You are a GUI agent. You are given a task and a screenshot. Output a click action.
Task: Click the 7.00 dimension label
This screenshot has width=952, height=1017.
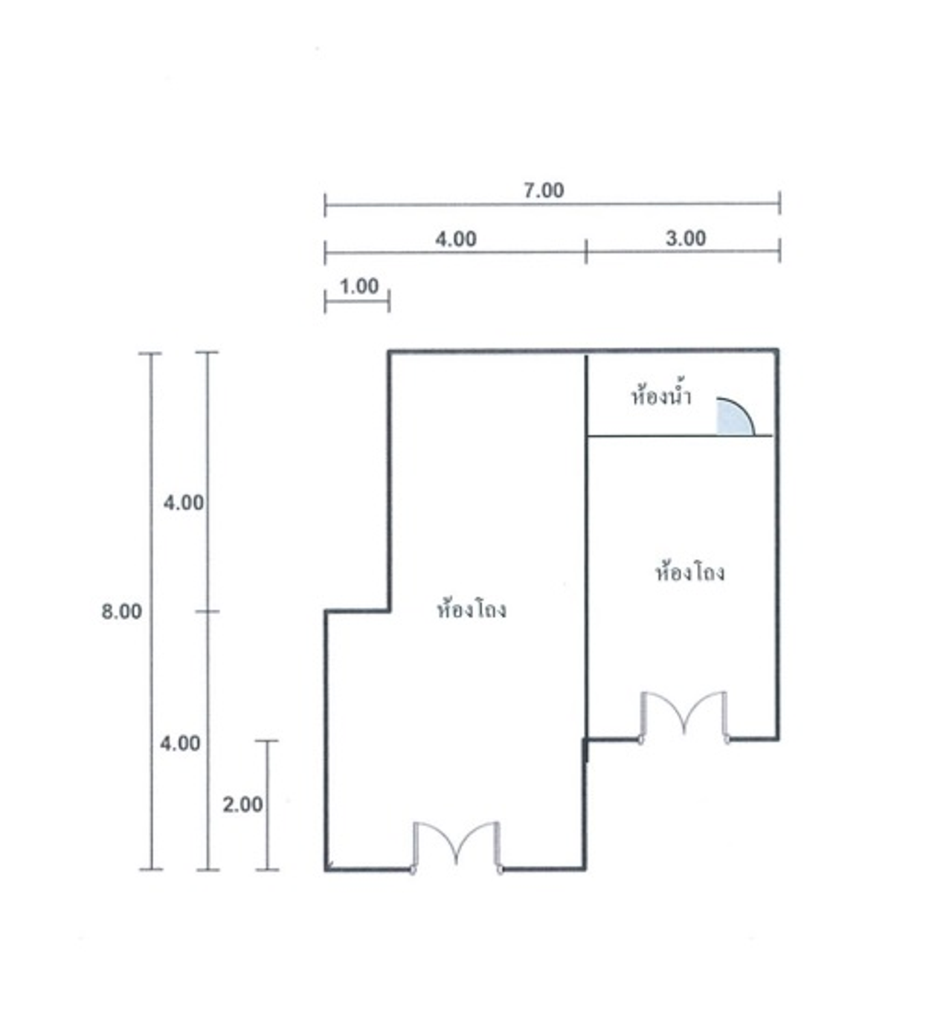coord(543,190)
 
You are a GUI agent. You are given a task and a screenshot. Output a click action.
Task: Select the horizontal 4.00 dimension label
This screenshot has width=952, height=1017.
coord(455,239)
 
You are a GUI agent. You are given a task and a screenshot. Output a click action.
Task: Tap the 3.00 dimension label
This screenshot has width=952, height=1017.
coord(685,238)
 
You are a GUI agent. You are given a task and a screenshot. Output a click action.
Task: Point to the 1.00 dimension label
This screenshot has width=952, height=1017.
coord(358,286)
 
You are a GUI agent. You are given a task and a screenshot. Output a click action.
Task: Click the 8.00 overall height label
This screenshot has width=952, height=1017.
coord(121,611)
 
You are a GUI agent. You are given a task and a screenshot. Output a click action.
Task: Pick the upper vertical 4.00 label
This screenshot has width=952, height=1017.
coord(184,503)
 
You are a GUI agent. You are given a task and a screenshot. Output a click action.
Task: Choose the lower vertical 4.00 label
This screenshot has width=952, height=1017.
coord(180,743)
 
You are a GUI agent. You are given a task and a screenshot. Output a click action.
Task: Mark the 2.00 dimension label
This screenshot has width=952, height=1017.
coord(242,805)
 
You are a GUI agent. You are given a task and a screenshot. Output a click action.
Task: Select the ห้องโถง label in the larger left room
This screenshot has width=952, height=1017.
coord(472,610)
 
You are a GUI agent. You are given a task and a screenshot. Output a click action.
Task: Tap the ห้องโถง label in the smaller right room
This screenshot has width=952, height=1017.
coord(690,572)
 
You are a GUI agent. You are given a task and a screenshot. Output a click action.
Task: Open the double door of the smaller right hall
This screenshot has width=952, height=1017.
coord(684,717)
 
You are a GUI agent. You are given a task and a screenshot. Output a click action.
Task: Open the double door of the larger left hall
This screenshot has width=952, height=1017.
coord(456,847)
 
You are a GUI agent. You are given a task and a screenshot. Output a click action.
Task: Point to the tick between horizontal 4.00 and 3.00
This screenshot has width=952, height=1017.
coord(585,251)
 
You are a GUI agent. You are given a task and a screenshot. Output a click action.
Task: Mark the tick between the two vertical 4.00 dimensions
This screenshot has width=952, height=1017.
coord(207,611)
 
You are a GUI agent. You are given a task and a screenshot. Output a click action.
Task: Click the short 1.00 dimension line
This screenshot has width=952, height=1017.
coord(357,301)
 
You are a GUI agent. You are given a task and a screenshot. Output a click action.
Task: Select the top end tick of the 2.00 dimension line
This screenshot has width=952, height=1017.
coord(267,741)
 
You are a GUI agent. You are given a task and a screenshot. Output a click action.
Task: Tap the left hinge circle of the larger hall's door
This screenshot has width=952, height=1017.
coord(413,870)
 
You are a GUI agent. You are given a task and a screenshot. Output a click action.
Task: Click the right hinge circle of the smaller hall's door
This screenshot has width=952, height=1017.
coord(727,740)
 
